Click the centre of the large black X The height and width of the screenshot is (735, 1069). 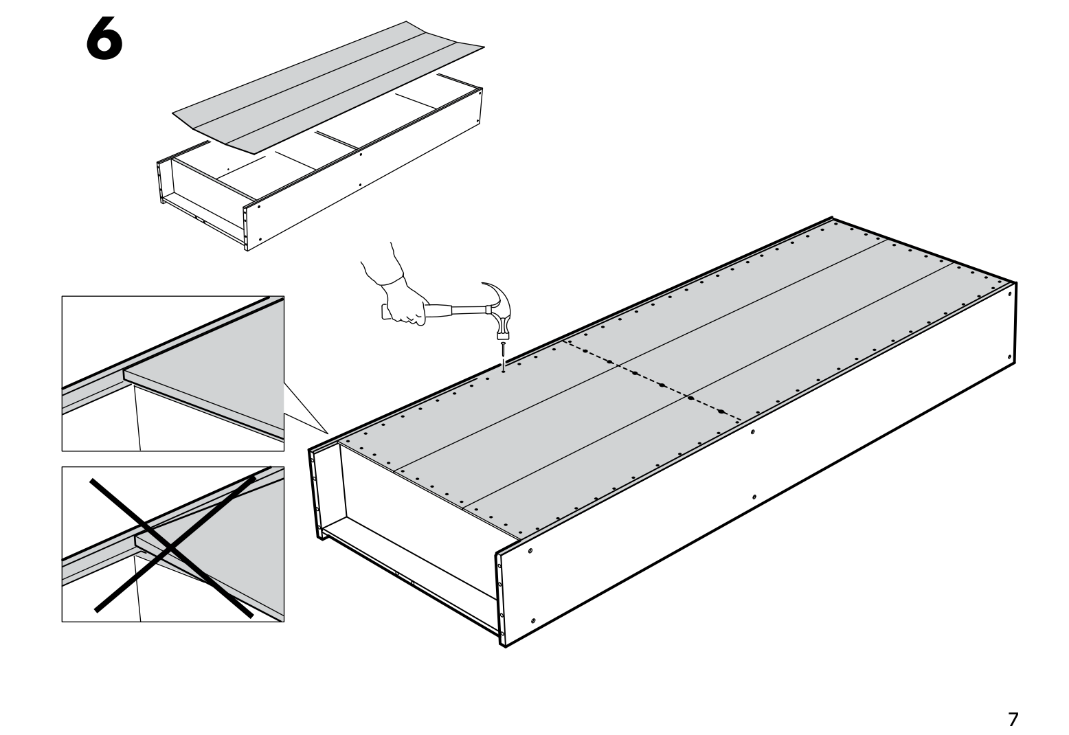172,543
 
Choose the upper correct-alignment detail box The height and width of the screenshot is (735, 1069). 172,374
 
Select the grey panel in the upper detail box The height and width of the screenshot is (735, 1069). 227,371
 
